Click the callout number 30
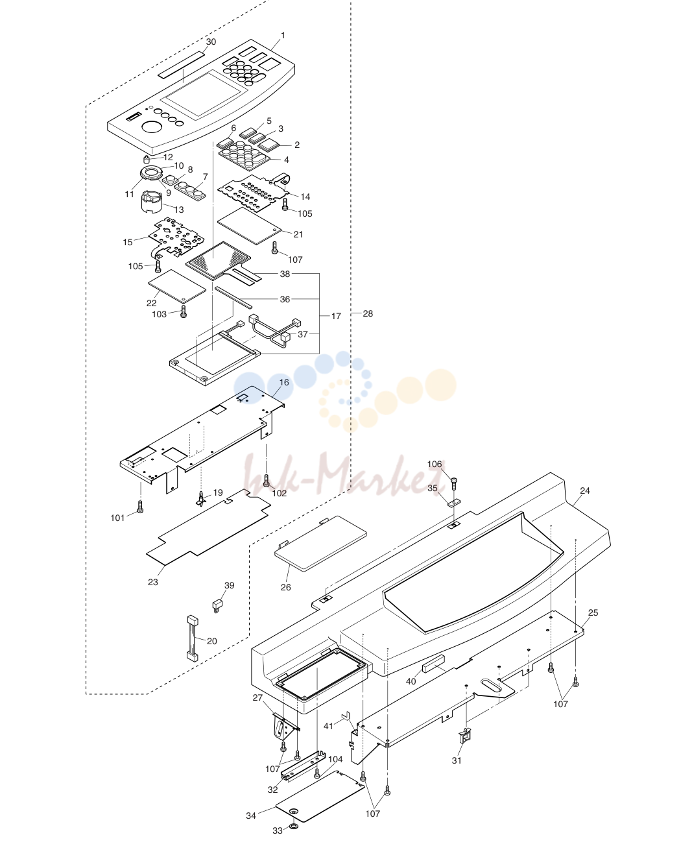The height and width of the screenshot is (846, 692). [x=211, y=42]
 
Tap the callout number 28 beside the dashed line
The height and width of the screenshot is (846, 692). [x=368, y=314]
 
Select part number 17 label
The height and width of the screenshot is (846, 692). [x=336, y=316]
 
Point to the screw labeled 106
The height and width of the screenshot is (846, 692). [x=454, y=483]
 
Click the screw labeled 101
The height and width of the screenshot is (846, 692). [x=140, y=506]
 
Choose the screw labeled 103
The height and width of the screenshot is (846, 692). [x=184, y=311]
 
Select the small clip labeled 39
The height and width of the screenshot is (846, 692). [x=217, y=605]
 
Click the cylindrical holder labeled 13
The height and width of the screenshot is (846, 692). [x=152, y=202]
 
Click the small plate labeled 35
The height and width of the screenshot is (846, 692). [x=454, y=502]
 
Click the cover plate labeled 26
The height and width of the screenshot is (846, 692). [x=320, y=544]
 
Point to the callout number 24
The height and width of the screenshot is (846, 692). [x=585, y=490]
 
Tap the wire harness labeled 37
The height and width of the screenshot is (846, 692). [x=276, y=330]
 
